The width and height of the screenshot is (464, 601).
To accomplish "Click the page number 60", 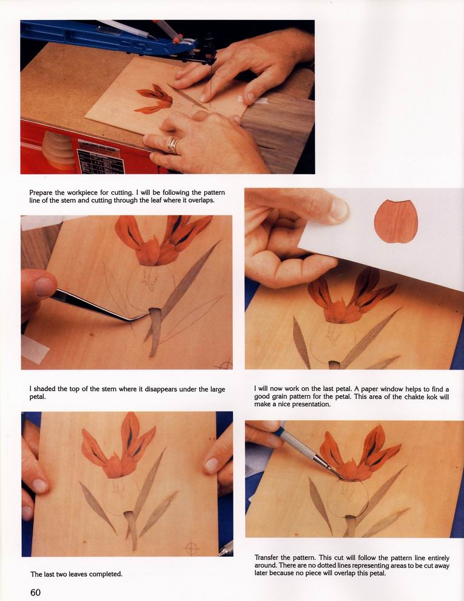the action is pos(35,592).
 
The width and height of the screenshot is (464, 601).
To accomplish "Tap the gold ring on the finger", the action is pos(173,145).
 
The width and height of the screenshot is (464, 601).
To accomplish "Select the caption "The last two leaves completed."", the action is pos(76,574).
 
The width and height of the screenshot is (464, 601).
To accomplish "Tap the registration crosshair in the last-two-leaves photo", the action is pos(192,548).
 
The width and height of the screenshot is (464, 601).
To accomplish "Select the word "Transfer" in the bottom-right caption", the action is pos(267,558).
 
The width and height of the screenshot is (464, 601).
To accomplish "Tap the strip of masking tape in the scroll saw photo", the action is pos(252,100).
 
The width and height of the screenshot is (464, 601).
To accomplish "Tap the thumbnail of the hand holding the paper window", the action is pos(339,209).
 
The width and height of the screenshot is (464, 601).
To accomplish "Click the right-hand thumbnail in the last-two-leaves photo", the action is pos(212,465).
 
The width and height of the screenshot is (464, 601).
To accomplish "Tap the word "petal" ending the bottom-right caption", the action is pos(377,574).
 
